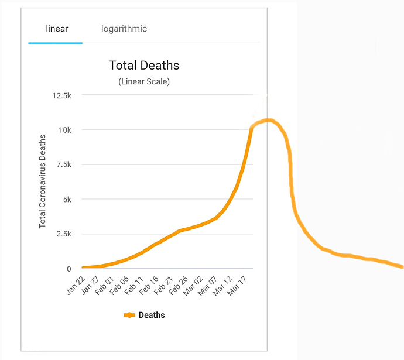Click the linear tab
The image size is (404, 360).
(x=57, y=29)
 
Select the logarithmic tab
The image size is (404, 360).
(x=124, y=29)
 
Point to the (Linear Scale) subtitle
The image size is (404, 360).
(x=144, y=82)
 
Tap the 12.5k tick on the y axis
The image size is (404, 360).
(x=61, y=95)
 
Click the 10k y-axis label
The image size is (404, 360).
(x=64, y=129)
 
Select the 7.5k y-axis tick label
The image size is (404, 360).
(x=63, y=164)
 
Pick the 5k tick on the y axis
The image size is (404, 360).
(x=66, y=199)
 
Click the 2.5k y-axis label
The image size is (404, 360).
(x=63, y=234)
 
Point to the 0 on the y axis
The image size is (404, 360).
(x=69, y=269)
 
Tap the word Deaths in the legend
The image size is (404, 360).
(x=152, y=315)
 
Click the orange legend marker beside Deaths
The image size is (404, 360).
(x=129, y=315)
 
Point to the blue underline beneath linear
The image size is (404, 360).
(x=55, y=43)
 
